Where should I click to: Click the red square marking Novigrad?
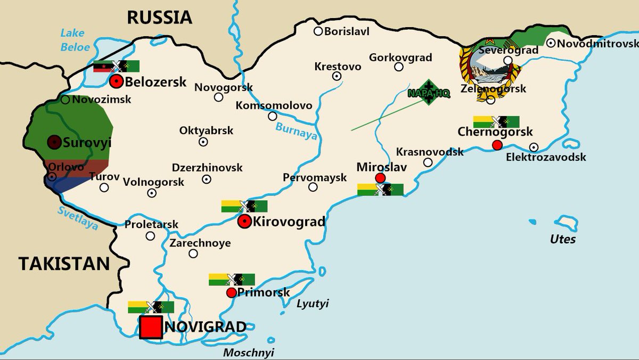151,327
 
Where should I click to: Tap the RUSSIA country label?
159,17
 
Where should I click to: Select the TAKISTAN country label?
64,263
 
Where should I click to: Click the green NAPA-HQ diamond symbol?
429,92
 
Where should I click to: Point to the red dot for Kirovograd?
244,222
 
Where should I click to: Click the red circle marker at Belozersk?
116,82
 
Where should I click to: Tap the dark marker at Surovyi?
54,142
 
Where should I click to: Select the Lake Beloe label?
75,40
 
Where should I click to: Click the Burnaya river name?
296,131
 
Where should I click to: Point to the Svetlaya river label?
78,218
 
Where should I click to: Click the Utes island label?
563,239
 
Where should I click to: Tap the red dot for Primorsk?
231,293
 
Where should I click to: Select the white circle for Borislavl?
318,31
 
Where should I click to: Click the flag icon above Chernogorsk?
496,122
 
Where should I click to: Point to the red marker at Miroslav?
380,178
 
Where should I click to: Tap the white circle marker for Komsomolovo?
273,116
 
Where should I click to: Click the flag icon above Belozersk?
116,67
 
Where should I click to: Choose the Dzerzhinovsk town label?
207,167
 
